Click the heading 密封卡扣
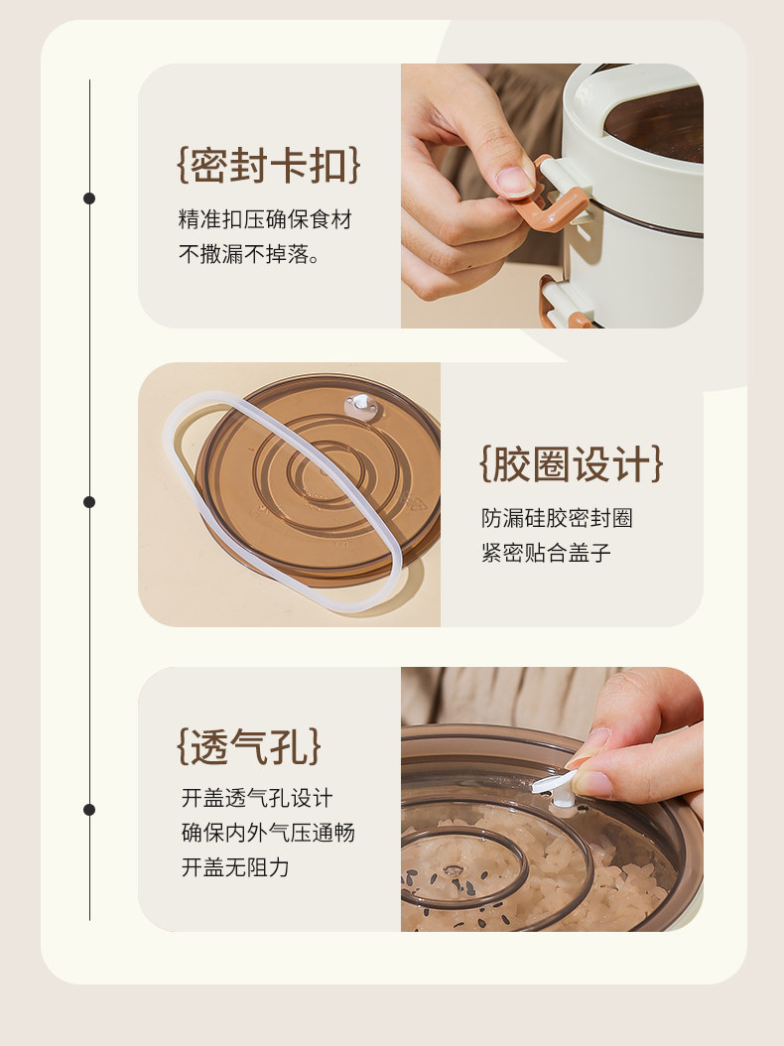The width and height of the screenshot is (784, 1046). click(269, 166)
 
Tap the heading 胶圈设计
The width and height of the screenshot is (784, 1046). click(572, 463)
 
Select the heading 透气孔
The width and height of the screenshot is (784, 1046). click(249, 746)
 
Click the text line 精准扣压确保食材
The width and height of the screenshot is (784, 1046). click(265, 218)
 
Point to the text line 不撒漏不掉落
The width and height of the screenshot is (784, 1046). click(249, 253)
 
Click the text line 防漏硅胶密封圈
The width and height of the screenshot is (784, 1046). click(557, 518)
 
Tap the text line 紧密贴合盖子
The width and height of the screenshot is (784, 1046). click(546, 553)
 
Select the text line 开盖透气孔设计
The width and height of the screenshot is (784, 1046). click(257, 798)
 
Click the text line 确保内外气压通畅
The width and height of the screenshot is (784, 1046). click(268, 833)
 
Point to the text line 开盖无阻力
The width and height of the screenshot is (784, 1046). click(235, 867)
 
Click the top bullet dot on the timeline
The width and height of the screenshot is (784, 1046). click(89, 198)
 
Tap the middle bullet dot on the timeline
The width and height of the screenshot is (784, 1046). click(89, 501)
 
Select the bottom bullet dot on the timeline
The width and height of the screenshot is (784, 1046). click(89, 809)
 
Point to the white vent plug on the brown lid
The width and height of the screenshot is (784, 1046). click(361, 404)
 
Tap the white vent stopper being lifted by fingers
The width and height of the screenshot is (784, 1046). click(557, 787)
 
